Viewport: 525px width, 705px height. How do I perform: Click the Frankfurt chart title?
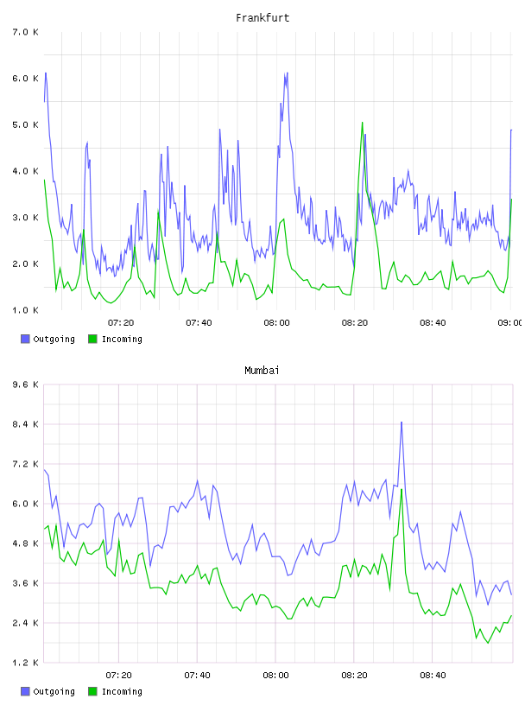click(x=262, y=18)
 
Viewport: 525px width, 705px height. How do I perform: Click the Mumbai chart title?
click(x=262, y=371)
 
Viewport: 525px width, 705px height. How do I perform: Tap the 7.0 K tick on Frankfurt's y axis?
click(x=25, y=32)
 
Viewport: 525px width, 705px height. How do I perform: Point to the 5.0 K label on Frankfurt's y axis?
click(x=25, y=125)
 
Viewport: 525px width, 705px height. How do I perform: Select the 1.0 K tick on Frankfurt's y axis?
click(x=25, y=310)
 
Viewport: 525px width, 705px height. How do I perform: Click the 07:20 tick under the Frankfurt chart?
click(x=121, y=323)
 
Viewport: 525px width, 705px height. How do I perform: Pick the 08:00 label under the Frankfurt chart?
click(x=277, y=323)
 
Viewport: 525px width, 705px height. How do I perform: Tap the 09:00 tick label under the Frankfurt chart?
click(x=509, y=323)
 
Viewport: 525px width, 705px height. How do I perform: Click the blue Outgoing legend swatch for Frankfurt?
click(x=25, y=339)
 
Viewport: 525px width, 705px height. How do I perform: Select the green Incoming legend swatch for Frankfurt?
click(x=92, y=339)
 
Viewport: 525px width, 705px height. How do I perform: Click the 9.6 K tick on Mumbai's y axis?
click(x=25, y=384)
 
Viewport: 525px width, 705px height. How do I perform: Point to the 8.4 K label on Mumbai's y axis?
click(x=25, y=424)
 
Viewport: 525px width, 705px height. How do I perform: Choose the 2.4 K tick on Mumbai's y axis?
click(x=25, y=623)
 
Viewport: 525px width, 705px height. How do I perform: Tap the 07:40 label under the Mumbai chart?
click(x=198, y=676)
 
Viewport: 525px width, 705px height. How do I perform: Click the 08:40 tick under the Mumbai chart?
click(x=433, y=676)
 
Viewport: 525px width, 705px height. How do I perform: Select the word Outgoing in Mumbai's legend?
click(x=54, y=691)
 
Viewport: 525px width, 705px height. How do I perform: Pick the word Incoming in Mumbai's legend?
click(x=122, y=691)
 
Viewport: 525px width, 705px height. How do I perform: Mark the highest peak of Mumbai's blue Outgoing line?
click(x=402, y=422)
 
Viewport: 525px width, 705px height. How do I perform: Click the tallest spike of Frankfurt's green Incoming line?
click(x=363, y=123)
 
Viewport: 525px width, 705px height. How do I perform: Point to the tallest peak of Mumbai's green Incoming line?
click(x=402, y=489)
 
